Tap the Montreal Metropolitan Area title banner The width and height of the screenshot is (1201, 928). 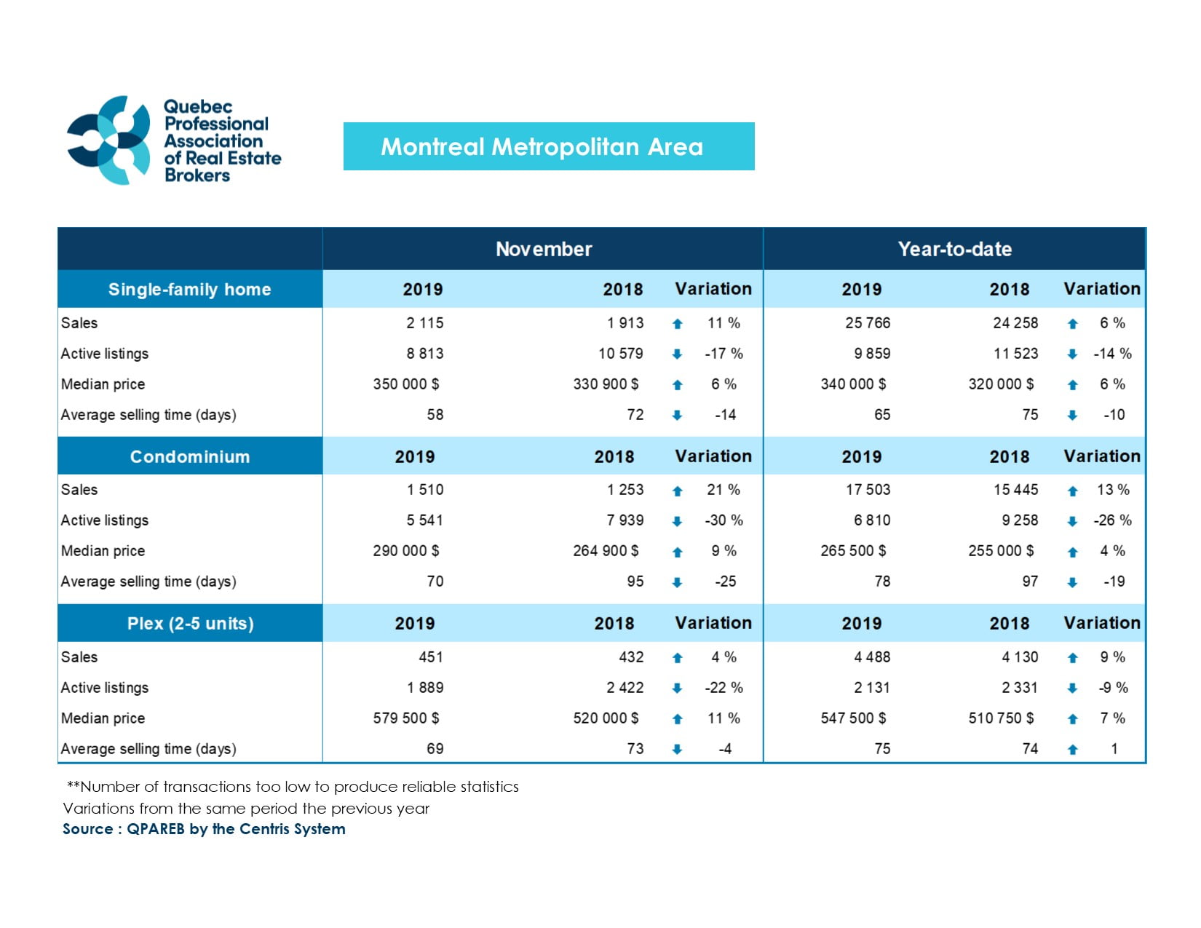(x=549, y=146)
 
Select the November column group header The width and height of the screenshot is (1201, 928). (x=544, y=249)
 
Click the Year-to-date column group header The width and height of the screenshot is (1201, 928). (x=954, y=249)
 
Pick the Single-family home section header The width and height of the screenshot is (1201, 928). (x=190, y=289)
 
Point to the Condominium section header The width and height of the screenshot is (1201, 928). (x=190, y=456)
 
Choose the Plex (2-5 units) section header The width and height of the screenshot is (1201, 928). (x=190, y=623)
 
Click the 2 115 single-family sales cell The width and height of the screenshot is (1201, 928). (x=424, y=322)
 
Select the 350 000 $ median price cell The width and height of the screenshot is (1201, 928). (x=406, y=384)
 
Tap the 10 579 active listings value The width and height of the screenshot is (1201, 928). (x=620, y=353)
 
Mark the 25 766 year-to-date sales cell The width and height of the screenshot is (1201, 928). (x=867, y=322)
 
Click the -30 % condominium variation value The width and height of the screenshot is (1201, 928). (x=724, y=520)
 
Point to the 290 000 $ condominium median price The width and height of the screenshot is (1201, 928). (x=406, y=551)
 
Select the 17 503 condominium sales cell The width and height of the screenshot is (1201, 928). (x=868, y=490)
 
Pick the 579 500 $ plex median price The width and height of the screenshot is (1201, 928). (x=406, y=718)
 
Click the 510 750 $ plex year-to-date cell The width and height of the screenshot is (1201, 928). (x=1001, y=718)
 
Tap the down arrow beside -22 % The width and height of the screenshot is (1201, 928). (x=677, y=688)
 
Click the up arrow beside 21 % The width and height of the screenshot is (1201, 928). (x=677, y=491)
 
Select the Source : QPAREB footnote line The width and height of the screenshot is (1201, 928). (x=204, y=829)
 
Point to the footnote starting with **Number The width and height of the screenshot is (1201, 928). (x=293, y=787)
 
